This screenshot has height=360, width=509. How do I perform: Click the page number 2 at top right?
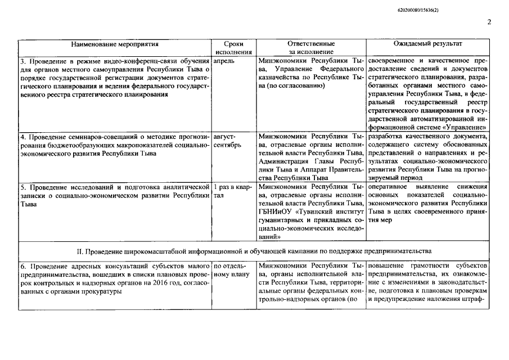tap(489, 22)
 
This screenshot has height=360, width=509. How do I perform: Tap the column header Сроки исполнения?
tap(233, 47)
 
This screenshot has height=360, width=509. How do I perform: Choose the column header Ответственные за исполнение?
tap(311, 47)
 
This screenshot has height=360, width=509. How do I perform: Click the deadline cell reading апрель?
tap(224, 59)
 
